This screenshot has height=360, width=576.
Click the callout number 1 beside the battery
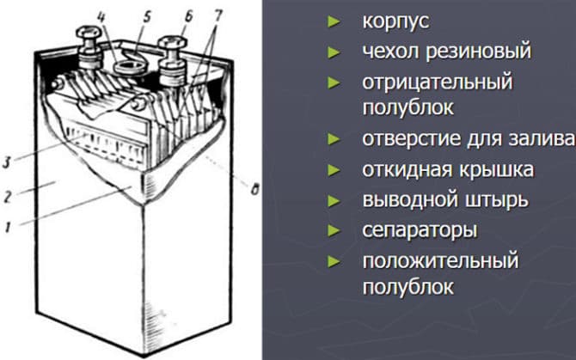[x=8, y=228]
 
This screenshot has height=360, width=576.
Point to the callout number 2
[x=8, y=196]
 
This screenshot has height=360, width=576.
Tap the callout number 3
[x=6, y=162]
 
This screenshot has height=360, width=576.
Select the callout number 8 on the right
[x=254, y=189]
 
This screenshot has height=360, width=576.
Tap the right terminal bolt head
[x=172, y=43]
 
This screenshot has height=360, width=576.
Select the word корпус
[x=395, y=21]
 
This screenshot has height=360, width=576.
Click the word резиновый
[x=479, y=51]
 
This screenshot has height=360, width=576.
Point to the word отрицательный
[x=437, y=82]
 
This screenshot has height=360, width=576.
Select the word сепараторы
[x=420, y=231]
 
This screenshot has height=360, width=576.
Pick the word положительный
[x=440, y=261]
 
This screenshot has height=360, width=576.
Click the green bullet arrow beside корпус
[x=334, y=21]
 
